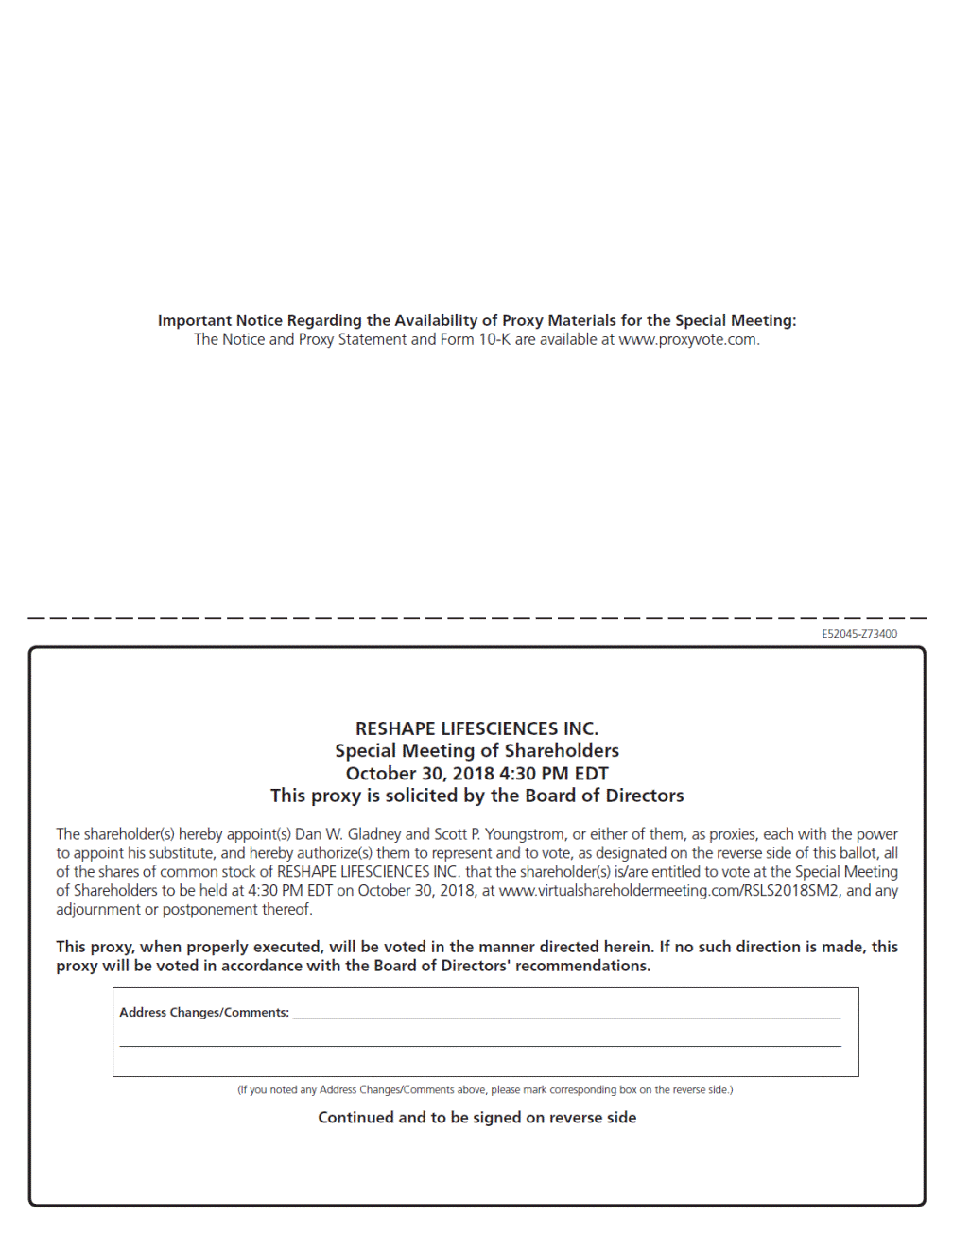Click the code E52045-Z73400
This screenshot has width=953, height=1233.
858,634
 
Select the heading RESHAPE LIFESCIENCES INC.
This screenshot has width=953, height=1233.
476,728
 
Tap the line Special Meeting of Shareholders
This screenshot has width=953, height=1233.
476,751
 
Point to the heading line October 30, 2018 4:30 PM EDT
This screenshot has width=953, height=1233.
476,774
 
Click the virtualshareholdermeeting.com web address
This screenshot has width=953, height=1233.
668,891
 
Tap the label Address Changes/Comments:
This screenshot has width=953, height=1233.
204,1013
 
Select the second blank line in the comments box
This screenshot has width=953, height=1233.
479,1045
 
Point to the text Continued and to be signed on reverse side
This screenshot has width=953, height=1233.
476,1118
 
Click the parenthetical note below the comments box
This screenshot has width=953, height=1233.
484,1090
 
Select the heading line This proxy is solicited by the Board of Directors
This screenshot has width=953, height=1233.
476,796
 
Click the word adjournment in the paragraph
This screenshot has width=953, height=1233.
97,910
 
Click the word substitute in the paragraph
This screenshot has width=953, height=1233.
179,853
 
